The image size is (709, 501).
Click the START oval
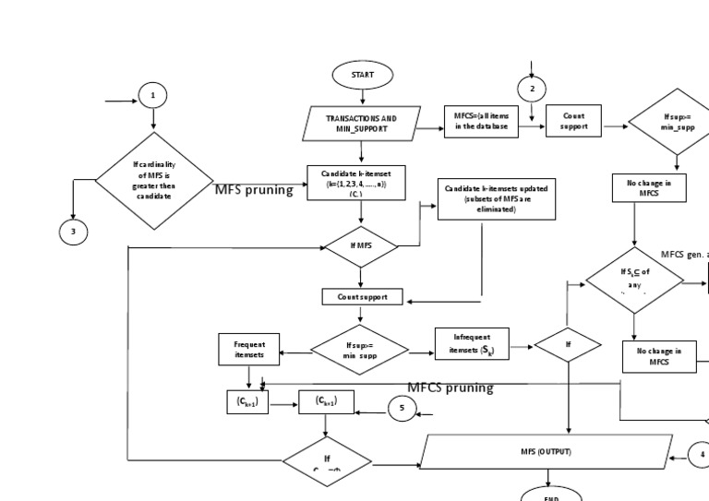[363, 74]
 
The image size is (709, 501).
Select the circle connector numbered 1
[153, 95]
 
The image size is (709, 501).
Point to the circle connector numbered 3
[73, 232]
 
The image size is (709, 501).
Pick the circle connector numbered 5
[403, 408]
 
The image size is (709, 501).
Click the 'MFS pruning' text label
[254, 190]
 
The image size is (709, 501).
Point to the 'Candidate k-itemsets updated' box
[496, 198]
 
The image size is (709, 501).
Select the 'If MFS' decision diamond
[361, 247]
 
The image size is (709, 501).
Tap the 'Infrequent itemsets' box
[471, 343]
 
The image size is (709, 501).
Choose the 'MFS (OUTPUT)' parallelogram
[545, 452]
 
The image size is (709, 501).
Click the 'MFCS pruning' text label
[451, 388]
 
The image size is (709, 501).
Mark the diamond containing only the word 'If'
[569, 345]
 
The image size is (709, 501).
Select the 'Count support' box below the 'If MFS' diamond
[361, 296]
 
